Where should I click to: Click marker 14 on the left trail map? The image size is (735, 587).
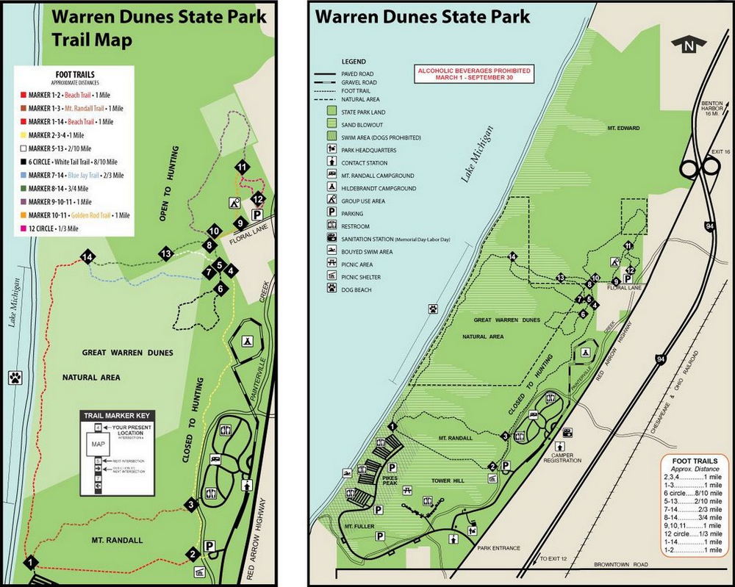(88, 257)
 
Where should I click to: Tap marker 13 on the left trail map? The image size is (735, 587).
(167, 253)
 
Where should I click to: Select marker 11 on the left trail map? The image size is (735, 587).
(242, 167)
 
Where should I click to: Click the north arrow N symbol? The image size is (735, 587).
(689, 46)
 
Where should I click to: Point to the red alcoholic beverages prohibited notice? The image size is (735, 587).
(474, 74)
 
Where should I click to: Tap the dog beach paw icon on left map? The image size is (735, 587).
(15, 378)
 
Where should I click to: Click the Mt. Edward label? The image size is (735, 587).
(623, 129)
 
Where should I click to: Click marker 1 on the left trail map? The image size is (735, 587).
(31, 563)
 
